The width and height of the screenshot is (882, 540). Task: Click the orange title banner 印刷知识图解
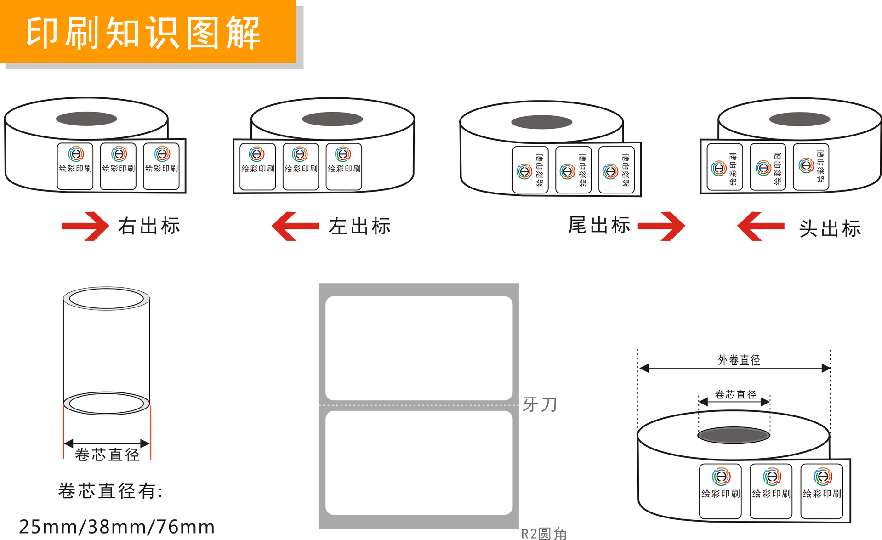[147, 32]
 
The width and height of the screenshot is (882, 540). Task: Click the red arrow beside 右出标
[85, 226]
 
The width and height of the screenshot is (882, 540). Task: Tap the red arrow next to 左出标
[295, 226]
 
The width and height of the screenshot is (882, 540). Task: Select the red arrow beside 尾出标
[661, 226]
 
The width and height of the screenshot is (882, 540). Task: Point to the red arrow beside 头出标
[761, 226]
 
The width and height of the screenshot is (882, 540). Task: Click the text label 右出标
[149, 226]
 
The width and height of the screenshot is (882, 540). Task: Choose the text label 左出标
[359, 227]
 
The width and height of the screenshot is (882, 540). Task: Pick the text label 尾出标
[599, 225]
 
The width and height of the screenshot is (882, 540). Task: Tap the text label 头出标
[830, 228]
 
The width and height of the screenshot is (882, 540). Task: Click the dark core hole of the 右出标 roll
[86, 119]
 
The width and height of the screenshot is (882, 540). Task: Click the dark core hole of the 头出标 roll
[799, 119]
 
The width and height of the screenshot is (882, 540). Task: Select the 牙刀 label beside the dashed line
[540, 405]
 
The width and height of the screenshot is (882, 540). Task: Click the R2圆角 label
[544, 534]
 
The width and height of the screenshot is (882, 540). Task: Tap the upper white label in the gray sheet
[419, 348]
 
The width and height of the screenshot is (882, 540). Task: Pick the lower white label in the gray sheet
[419, 462]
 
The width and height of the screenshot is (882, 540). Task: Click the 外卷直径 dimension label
[739, 360]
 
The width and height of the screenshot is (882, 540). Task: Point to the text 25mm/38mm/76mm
[117, 527]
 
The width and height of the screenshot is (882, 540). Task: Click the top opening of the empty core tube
[106, 299]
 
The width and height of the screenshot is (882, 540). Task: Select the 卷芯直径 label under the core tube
[107, 455]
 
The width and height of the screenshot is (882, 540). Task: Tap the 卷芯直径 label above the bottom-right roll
[735, 394]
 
